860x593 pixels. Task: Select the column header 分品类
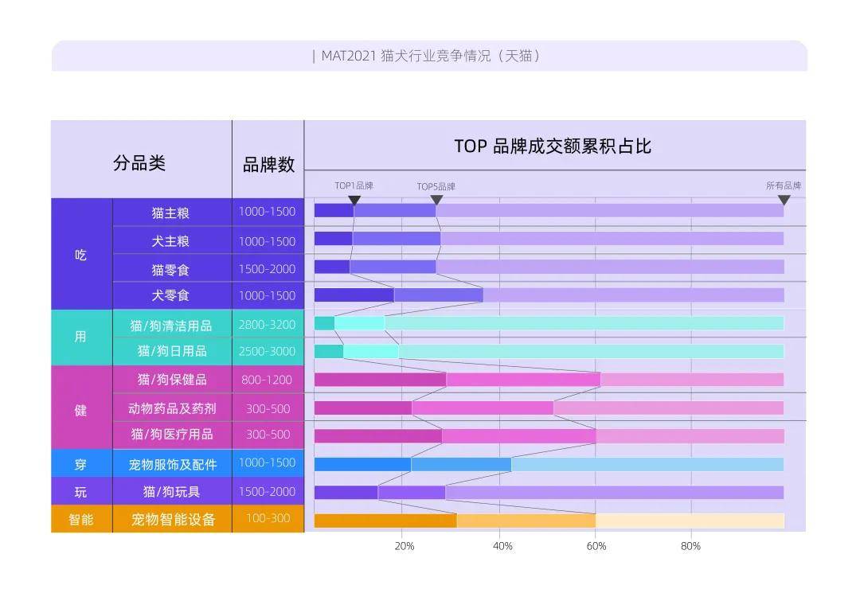click(x=139, y=163)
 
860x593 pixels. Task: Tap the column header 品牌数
click(x=268, y=165)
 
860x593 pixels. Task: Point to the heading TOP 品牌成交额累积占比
click(x=553, y=146)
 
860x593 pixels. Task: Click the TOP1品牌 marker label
click(x=354, y=185)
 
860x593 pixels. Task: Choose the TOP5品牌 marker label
click(x=436, y=186)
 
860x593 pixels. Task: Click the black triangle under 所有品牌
click(x=784, y=200)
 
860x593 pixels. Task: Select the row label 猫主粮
click(x=171, y=213)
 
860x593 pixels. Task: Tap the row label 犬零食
click(x=171, y=295)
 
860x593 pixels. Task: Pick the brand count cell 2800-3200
click(x=267, y=325)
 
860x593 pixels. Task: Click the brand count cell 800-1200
click(x=267, y=380)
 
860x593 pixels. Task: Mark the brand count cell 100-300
click(x=268, y=518)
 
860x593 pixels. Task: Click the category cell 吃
click(x=81, y=255)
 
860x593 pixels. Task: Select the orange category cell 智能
click(x=81, y=519)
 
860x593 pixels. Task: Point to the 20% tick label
click(x=405, y=546)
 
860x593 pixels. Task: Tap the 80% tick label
click(x=690, y=546)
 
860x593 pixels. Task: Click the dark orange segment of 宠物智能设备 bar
click(x=385, y=521)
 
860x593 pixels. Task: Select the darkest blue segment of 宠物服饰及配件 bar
click(x=362, y=464)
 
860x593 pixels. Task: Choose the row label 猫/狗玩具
click(x=171, y=491)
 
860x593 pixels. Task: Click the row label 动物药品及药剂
click(x=172, y=408)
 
